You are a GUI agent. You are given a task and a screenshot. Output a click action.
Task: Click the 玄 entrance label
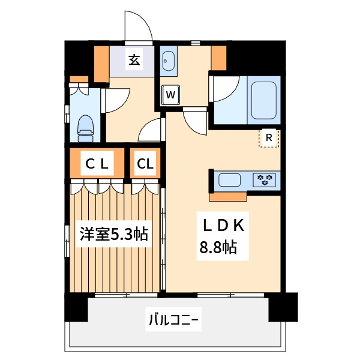134,60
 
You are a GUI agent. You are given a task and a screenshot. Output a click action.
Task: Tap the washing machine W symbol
170,94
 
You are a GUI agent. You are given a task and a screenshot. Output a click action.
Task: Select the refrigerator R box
269,138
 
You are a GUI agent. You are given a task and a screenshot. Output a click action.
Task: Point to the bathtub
265,98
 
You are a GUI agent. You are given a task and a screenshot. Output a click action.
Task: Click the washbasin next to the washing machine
167,61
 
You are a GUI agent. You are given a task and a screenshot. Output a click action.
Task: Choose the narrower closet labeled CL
145,163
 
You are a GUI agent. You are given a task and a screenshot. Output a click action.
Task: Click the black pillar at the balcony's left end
77,308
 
